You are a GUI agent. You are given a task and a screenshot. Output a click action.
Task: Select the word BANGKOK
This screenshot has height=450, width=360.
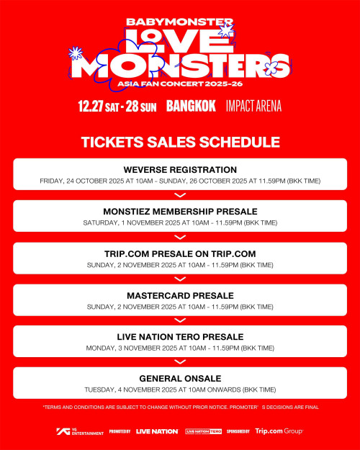coord(191,106)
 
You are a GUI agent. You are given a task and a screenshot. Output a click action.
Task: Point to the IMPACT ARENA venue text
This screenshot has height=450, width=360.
coord(253,106)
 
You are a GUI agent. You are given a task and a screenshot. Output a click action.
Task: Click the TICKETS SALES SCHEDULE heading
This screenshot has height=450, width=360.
coord(180,142)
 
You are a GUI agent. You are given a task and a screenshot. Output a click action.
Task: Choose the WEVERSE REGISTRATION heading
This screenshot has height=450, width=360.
coord(180,169)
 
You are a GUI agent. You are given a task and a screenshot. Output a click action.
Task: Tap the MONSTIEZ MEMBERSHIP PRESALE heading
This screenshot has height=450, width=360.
coord(180,212)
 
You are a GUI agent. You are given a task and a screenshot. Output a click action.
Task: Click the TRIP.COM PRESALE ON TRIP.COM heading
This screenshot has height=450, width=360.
coord(180,253)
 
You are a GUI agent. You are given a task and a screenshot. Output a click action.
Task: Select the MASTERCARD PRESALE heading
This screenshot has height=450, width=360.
coord(180,295)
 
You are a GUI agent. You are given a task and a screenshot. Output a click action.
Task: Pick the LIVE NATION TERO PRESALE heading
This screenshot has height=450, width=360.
coord(180,336)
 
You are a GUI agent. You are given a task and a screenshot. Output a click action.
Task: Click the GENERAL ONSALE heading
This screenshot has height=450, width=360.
coord(180,378)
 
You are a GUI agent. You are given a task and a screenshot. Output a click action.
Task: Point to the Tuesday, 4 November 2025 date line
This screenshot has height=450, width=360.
coord(180,390)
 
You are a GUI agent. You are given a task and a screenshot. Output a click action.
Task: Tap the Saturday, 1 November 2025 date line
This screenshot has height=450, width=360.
coord(180,222)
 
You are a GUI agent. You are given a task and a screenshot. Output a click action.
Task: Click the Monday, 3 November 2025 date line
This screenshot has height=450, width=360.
coord(180,348)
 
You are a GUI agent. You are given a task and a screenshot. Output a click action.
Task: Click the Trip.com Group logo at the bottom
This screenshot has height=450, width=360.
coord(279,431)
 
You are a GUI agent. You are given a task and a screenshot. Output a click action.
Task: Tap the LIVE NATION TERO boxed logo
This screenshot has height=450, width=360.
coord(204,431)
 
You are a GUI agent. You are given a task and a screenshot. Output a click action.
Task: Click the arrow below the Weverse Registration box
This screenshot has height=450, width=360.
coord(180,194)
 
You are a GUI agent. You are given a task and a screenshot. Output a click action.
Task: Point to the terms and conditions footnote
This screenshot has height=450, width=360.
coord(180,408)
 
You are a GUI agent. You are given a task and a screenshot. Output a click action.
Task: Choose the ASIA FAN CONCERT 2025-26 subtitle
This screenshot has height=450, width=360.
coord(180,84)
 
